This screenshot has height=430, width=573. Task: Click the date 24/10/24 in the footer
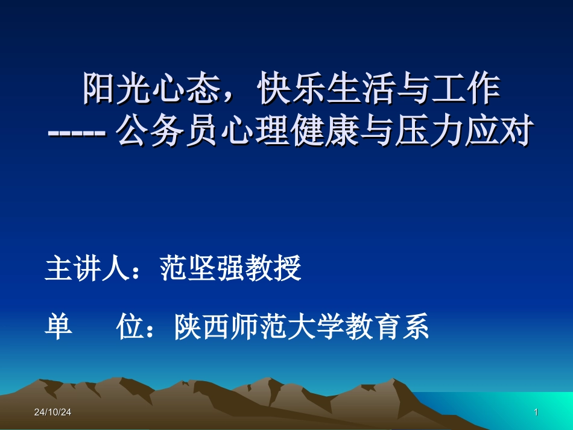pos(53,413)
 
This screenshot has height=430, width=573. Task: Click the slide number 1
pos(536,413)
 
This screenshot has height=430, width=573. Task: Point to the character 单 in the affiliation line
pos(59,328)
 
